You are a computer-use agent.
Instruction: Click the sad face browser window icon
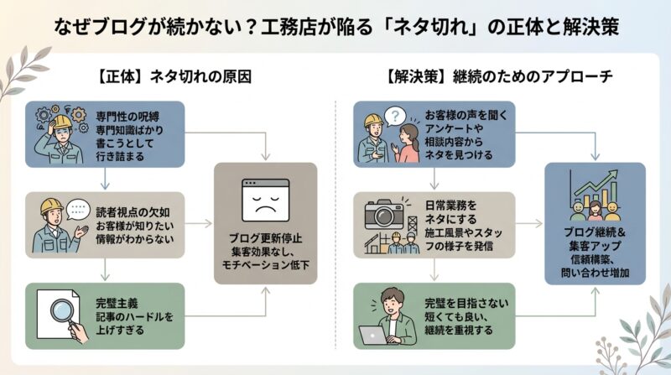click(266, 199)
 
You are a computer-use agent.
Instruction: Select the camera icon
click(385, 214)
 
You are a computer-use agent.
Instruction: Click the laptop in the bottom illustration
click(375, 335)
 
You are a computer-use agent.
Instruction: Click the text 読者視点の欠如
click(125, 211)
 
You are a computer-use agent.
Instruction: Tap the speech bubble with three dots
click(76, 206)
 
